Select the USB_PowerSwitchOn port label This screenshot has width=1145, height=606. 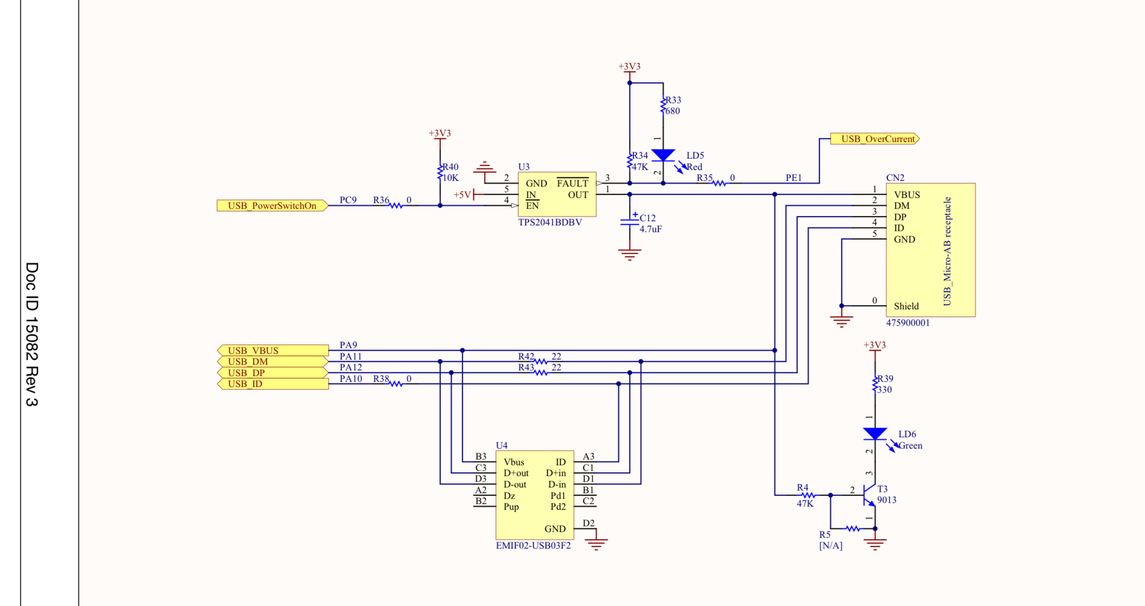coord(272,206)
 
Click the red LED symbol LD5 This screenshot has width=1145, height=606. coord(663,155)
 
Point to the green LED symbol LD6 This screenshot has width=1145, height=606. coord(875,434)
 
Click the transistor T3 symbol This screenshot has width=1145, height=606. coord(869,495)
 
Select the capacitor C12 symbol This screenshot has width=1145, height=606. coord(629,222)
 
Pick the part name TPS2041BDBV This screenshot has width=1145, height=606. coord(550,222)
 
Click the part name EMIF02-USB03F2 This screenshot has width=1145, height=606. coord(533,545)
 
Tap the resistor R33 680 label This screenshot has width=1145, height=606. coord(673,105)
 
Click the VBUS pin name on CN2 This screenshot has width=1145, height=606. coord(907,195)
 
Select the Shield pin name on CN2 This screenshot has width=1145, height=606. coord(906,306)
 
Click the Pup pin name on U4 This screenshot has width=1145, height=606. coord(511,507)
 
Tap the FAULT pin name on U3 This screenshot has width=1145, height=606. coord(572,183)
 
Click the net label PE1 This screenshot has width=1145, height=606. coord(793,178)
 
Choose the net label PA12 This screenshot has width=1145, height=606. coord(351,367)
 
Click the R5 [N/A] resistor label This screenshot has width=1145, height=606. coord(830,540)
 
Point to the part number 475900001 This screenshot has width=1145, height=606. coord(908,323)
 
